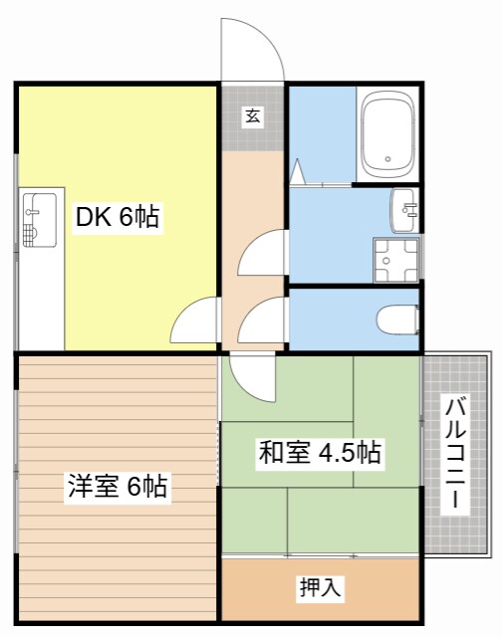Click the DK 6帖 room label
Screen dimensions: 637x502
pos(118,217)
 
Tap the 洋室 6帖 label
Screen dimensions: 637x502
pos(117,487)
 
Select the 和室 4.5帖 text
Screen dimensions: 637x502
pos(319,453)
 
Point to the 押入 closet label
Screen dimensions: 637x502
pos(321,588)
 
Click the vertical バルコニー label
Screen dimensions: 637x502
pos(455,453)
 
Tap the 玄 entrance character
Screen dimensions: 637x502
pos(253,116)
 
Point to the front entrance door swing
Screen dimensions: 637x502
pos(253,50)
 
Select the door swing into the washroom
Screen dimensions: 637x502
pos(261,254)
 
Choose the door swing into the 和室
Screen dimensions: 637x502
pos(251,376)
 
